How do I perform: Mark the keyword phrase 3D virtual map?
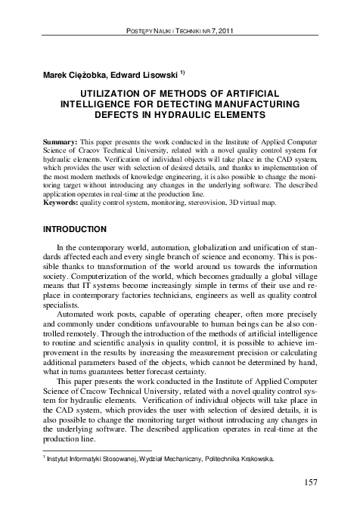pos(256,202)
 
